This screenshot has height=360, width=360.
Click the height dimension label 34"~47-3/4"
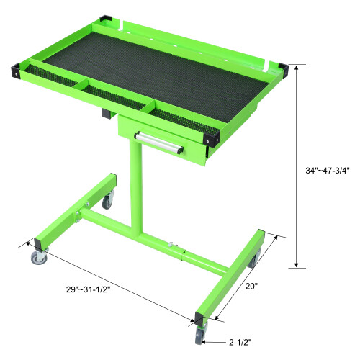(x=326, y=171)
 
